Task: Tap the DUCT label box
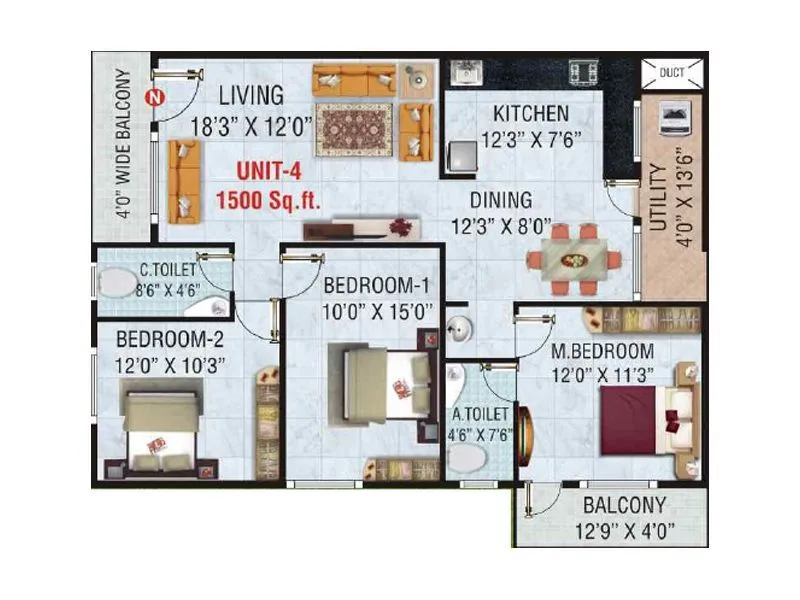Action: point(671,72)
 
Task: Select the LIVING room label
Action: point(252,95)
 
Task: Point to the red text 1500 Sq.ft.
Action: point(268,200)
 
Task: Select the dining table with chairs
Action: point(574,258)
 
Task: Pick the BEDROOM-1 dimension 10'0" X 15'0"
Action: point(377,311)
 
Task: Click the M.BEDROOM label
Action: point(602,351)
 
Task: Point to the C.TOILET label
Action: point(166,268)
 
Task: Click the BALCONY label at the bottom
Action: point(625,505)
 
